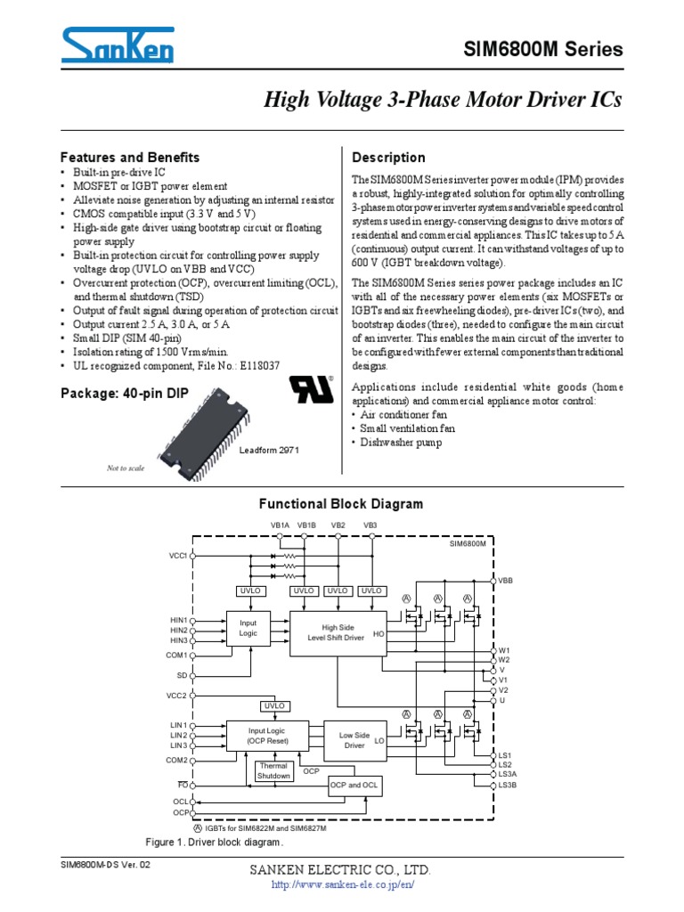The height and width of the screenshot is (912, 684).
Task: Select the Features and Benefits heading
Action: pos(129,158)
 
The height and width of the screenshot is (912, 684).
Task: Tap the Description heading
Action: pos(389,158)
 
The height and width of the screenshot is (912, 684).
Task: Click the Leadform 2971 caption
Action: pos(269,451)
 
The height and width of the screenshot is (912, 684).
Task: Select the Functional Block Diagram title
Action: pos(340,504)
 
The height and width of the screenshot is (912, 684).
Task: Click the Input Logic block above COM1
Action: pos(248,628)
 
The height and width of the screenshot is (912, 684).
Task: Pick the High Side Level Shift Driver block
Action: pos(338,632)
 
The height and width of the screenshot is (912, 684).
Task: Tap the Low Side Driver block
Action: pos(354,740)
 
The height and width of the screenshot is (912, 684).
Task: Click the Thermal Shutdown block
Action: pos(273,770)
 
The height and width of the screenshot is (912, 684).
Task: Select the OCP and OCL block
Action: pos(354,785)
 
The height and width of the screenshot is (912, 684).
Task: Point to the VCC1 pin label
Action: pos(178,555)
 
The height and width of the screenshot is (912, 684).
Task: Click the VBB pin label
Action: pos(506,580)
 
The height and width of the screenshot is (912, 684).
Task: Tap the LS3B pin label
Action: pos(508,785)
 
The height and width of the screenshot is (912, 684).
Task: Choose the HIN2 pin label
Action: pos(179,630)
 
